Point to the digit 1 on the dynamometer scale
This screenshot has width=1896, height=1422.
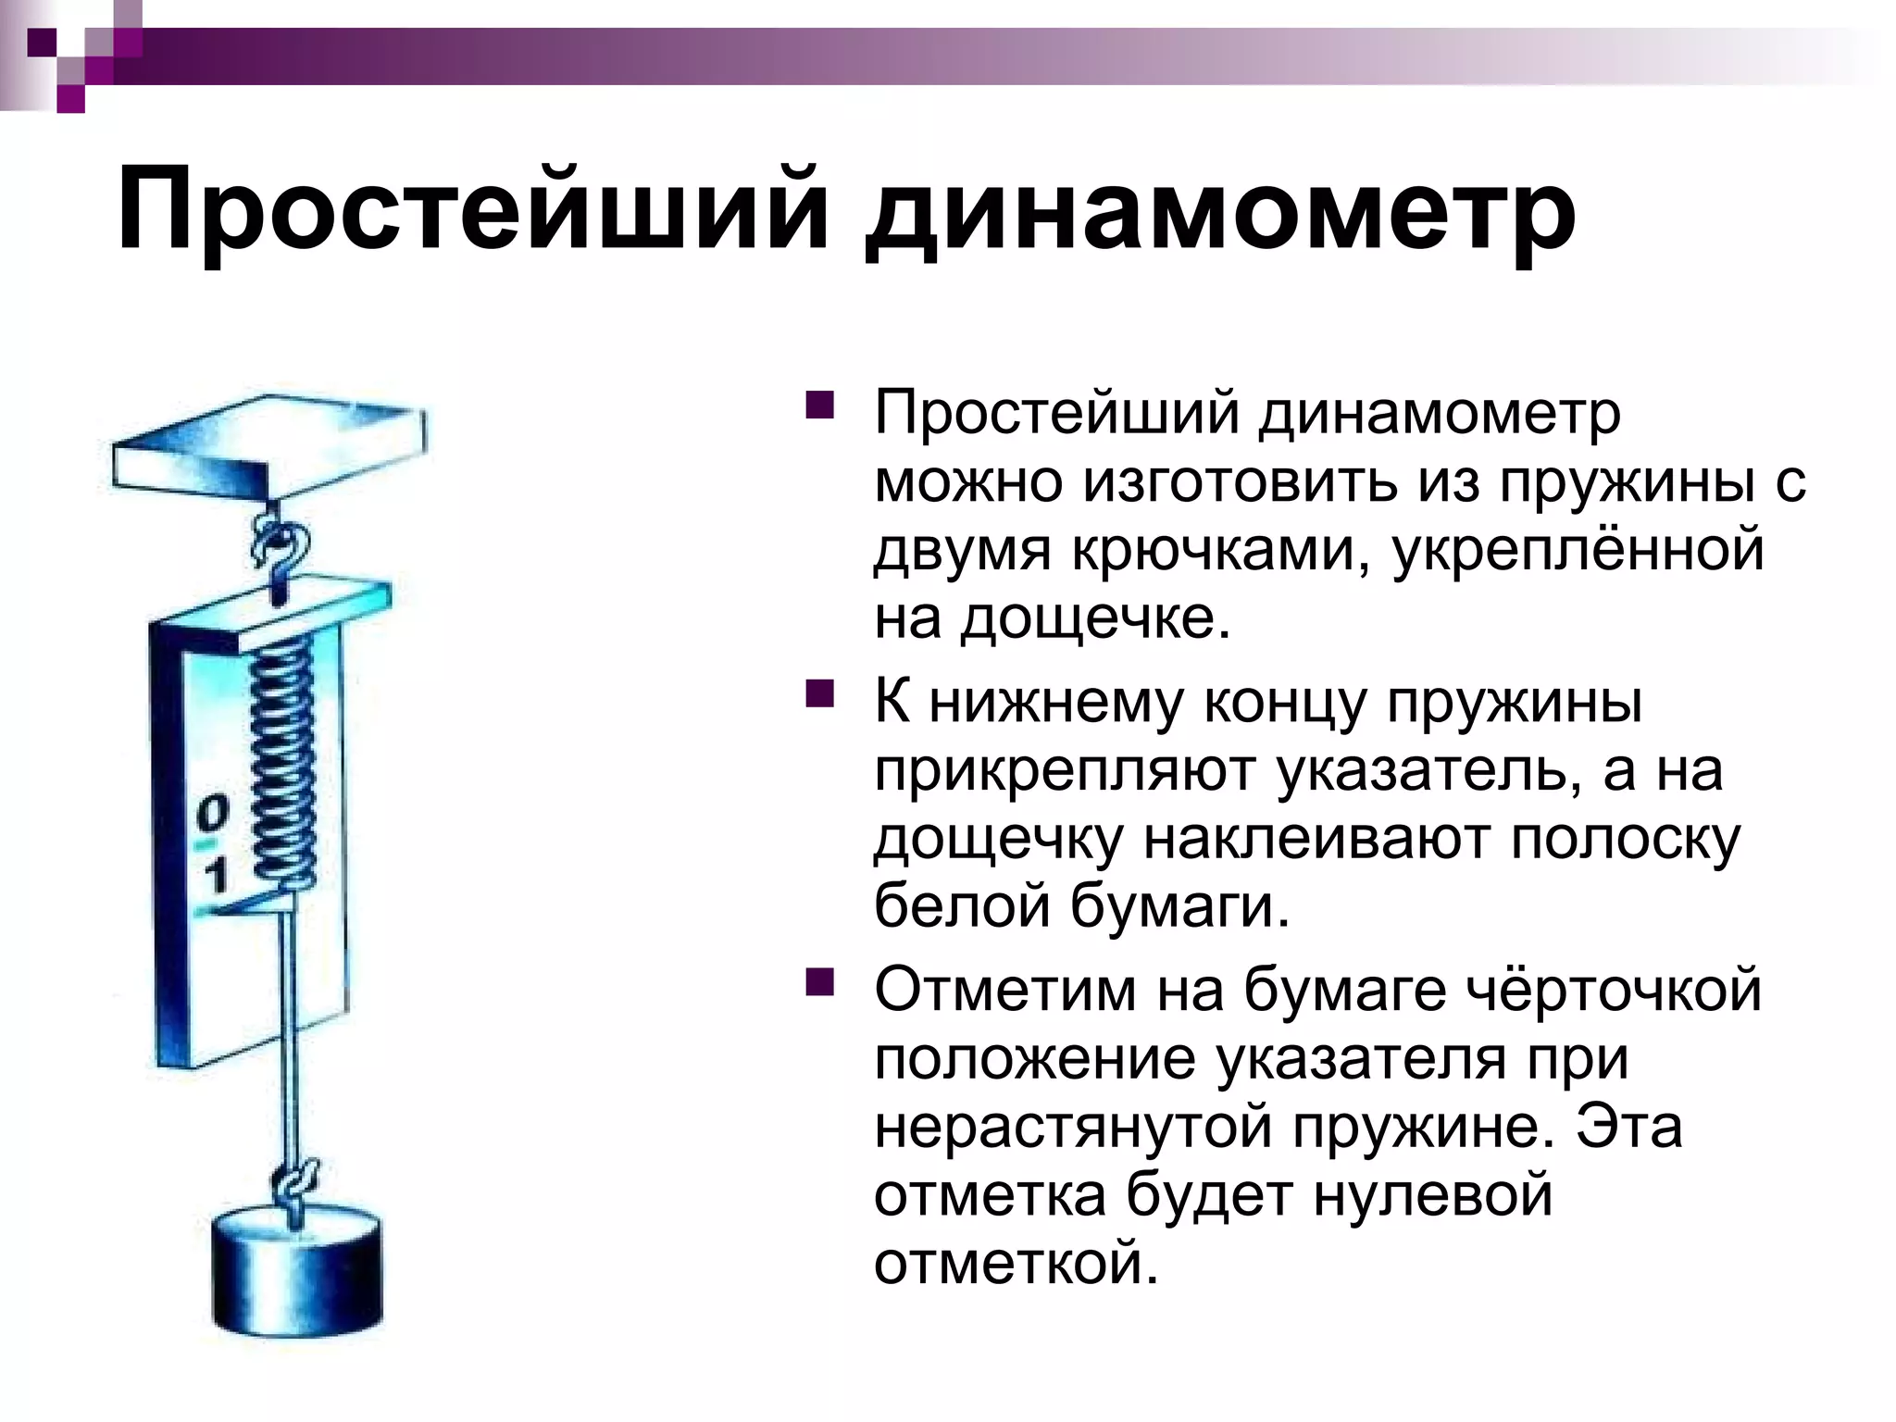click(216, 875)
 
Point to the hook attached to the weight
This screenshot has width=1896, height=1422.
click(297, 1186)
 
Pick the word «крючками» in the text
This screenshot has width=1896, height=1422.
click(1221, 550)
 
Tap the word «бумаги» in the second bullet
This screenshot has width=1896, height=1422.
click(1179, 907)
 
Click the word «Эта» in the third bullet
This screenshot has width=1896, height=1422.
click(1630, 1127)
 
